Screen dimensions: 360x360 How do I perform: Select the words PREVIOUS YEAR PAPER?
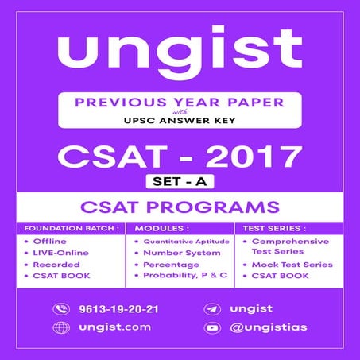180,103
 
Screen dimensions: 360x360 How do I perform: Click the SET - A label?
180,182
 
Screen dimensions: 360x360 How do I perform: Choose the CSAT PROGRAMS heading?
180,208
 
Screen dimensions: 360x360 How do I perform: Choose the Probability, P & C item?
184,275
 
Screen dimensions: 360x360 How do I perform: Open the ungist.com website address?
103,327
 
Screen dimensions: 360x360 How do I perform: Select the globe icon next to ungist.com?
60,327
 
